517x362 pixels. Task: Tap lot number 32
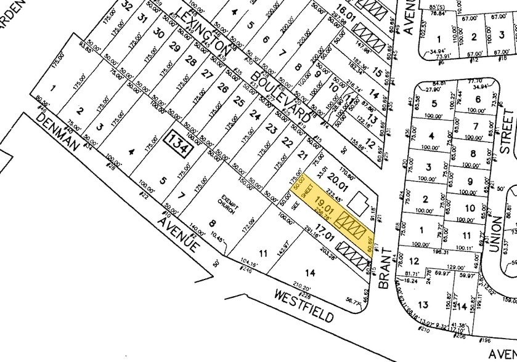coord(128,7)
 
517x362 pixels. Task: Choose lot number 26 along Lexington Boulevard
coord(222,88)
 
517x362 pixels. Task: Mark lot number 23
coord(272,128)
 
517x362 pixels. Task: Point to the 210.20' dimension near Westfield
coord(301,269)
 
